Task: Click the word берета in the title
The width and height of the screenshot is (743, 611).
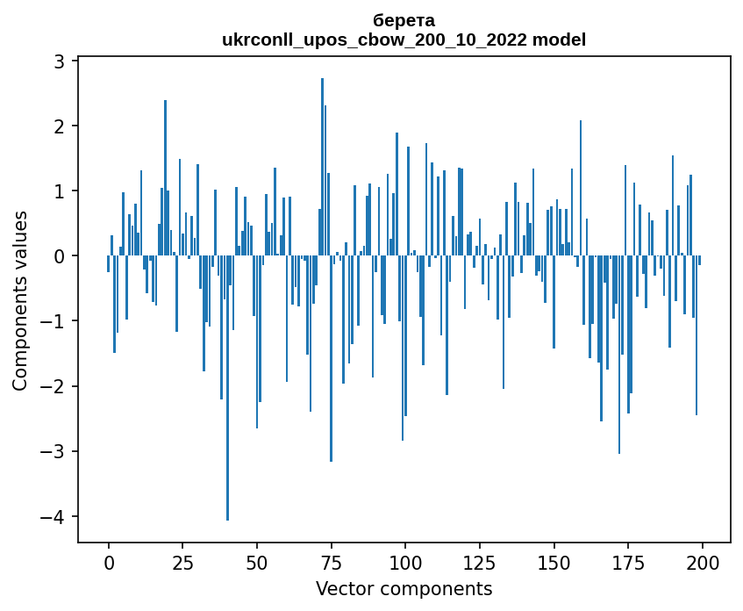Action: coord(404,20)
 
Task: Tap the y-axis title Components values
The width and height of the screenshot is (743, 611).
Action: coord(20,300)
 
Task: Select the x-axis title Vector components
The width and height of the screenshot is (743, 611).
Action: coord(404,588)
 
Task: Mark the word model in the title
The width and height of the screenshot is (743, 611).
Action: coord(562,40)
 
